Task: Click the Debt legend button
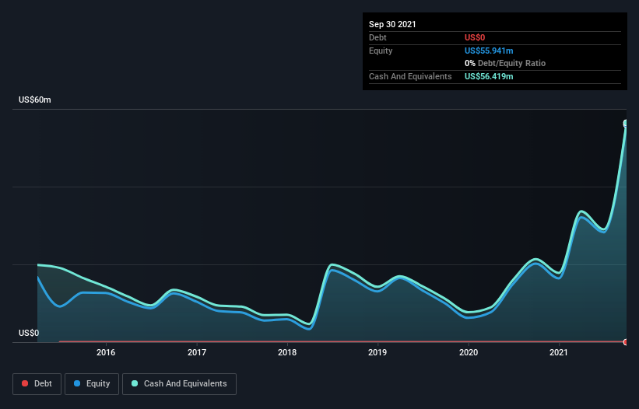(37, 383)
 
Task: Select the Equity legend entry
(92, 383)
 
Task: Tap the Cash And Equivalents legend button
(179, 383)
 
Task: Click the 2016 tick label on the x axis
(106, 352)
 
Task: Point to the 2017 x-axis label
(197, 352)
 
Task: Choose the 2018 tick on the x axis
(287, 352)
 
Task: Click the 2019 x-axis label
(377, 352)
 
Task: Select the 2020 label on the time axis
(469, 352)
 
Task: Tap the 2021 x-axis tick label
(559, 352)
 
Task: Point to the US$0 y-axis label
(29, 333)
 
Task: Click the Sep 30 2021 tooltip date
(392, 24)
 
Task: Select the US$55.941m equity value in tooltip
(489, 51)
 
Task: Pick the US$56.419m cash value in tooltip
(489, 76)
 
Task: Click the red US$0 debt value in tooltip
(475, 37)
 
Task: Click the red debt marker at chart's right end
(626, 342)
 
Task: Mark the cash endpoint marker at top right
(626, 124)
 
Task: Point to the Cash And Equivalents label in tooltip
(410, 76)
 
